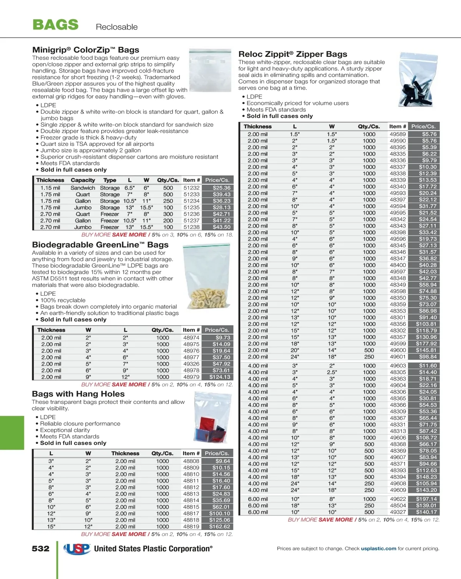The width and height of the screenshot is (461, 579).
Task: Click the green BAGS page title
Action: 56,25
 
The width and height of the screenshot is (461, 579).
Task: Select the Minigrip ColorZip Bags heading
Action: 86,50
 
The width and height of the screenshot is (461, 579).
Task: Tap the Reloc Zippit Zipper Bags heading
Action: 293,54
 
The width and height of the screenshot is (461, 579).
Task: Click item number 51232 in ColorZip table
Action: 191,188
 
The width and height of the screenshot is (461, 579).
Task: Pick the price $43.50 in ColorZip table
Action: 222,227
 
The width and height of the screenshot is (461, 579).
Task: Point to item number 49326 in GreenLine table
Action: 191,364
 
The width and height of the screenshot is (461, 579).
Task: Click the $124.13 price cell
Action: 220,377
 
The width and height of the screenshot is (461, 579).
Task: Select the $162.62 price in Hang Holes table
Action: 220,526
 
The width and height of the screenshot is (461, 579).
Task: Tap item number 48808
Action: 191,461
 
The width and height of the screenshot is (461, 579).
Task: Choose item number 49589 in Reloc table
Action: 398,134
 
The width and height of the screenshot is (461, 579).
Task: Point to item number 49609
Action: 398,490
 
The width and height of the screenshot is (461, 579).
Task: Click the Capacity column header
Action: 83,180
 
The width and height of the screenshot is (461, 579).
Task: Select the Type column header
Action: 109,180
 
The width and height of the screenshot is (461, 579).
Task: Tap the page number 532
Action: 41,549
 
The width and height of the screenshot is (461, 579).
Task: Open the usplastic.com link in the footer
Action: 378,549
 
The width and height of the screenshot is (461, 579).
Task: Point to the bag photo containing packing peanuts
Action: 207,276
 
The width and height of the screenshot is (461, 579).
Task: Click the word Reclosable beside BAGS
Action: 117,27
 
